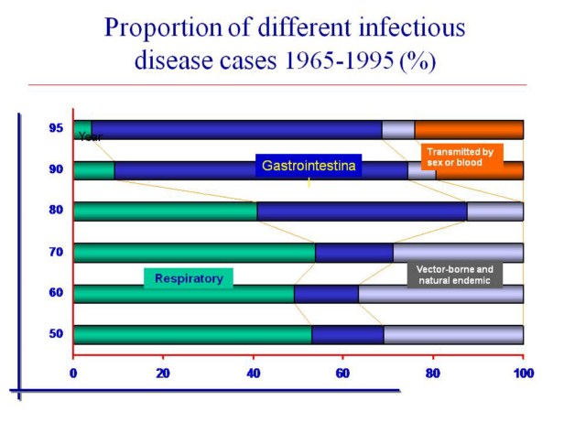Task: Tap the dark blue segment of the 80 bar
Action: (x=362, y=211)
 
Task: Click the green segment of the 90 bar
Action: (x=93, y=170)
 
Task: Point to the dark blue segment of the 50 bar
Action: (x=347, y=334)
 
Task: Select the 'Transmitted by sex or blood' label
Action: (x=461, y=156)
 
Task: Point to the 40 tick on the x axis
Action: (x=253, y=373)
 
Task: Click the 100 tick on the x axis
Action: (x=523, y=373)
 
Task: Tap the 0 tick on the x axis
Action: (x=73, y=373)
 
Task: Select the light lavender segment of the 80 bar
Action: (x=494, y=211)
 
